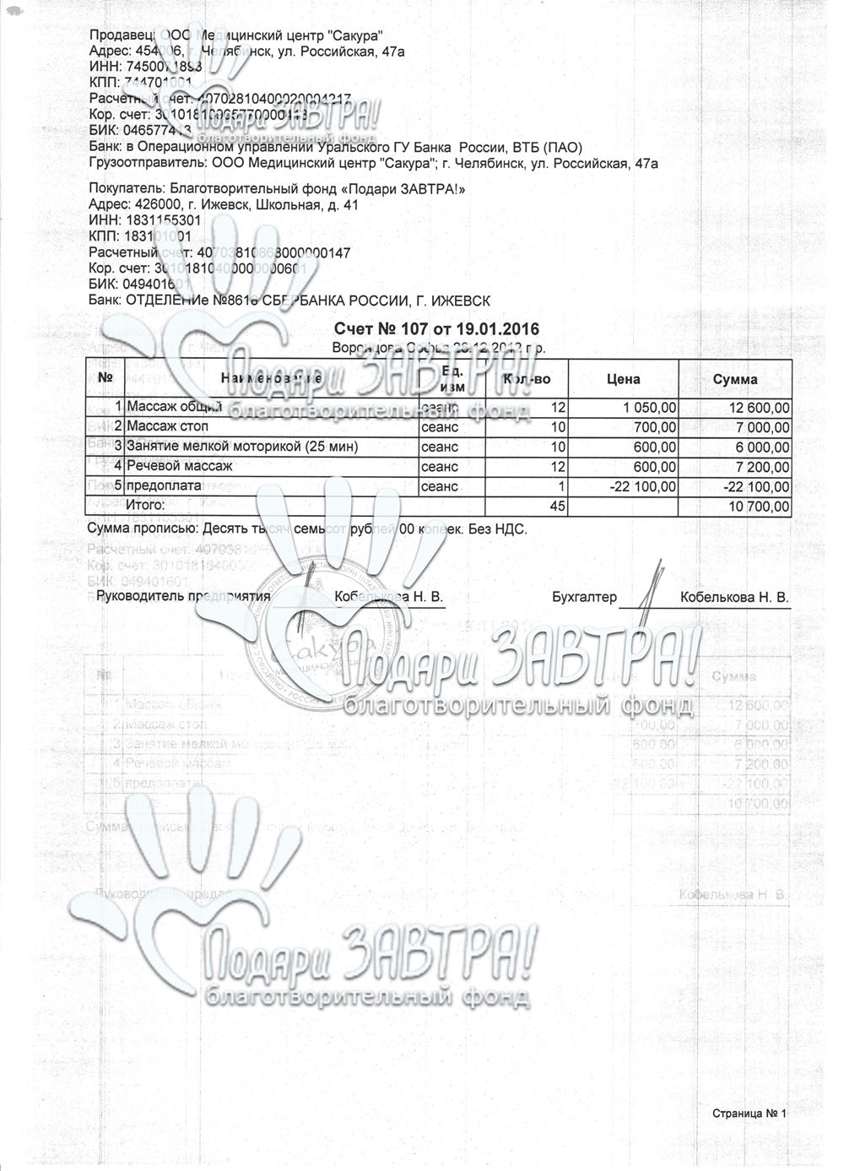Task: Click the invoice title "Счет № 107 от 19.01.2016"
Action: [436, 329]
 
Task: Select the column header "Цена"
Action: [623, 379]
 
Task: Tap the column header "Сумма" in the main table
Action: [734, 379]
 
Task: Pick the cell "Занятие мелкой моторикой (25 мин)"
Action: [241, 446]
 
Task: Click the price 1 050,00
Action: [650, 408]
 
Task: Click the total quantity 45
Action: [557, 507]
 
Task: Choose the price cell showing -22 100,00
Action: [643, 486]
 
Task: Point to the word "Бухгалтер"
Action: [584, 597]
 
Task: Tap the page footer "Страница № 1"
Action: [749, 1114]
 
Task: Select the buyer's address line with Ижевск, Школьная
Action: [224, 204]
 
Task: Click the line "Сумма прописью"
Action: [307, 529]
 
